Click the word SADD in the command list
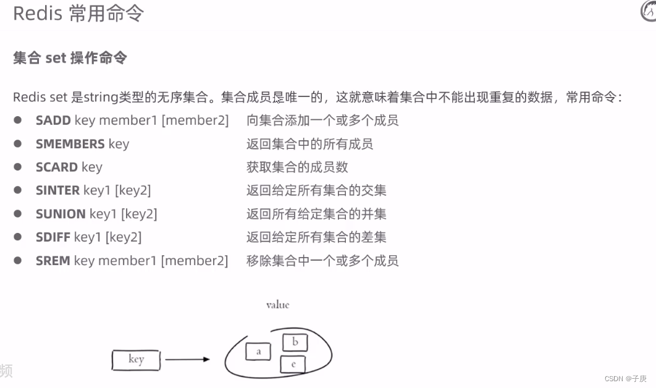coord(53,120)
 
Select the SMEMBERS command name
coord(70,144)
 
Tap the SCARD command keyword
coord(56,167)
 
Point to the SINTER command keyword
coord(57,190)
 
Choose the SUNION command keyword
coord(61,214)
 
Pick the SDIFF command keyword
coord(53,237)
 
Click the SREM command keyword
coord(53,261)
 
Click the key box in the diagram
coord(136,360)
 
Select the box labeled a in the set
coord(258,352)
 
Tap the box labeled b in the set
coord(295,342)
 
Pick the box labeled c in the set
coord(293,365)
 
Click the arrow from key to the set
coord(187,359)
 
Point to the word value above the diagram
coord(277,305)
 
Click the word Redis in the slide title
coord(38,14)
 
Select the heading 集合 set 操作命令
coord(70,58)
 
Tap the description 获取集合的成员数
coord(297,167)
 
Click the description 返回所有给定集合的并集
coord(316,214)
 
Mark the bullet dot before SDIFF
coord(18,237)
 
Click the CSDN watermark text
coord(625,379)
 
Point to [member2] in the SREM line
coord(195,261)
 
